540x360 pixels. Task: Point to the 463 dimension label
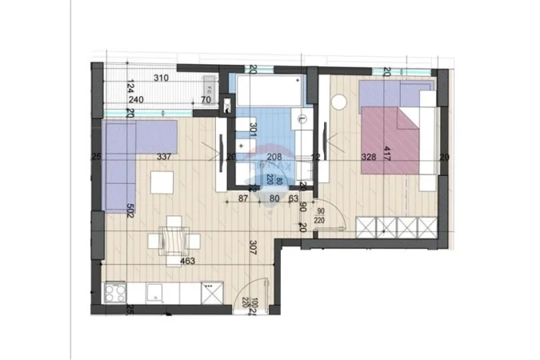tap(187, 260)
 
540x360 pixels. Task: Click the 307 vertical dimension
tap(253, 246)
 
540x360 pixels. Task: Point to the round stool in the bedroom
tap(338, 102)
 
